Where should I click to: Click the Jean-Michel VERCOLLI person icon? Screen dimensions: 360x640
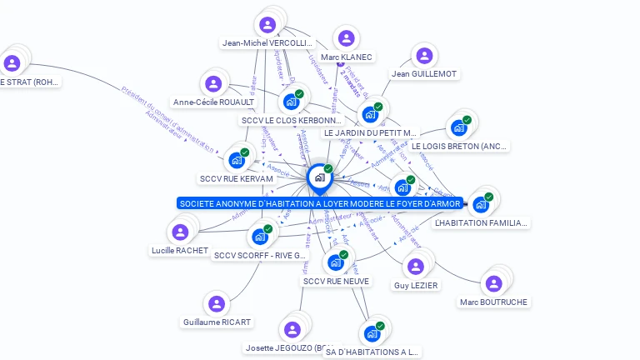click(267, 25)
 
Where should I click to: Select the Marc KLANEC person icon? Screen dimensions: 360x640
click(346, 38)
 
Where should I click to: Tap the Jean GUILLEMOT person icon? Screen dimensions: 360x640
click(424, 56)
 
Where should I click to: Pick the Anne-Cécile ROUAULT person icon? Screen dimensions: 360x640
click(213, 83)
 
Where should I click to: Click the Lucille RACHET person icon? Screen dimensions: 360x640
click(179, 232)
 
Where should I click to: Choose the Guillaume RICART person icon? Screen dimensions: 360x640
click(217, 304)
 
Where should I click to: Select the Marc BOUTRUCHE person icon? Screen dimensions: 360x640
click(493, 284)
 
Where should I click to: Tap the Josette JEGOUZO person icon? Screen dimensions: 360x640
click(292, 329)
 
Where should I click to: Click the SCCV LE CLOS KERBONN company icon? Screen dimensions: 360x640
click(292, 102)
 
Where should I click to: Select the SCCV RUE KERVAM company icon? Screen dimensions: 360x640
click(237, 160)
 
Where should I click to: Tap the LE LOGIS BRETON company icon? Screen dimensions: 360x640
click(459, 127)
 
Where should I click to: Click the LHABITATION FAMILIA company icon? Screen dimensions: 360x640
click(481, 204)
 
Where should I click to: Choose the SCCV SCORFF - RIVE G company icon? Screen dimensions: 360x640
click(260, 237)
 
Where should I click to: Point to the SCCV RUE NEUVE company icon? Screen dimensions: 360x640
click(336, 262)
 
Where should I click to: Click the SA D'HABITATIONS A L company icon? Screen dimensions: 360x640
click(372, 333)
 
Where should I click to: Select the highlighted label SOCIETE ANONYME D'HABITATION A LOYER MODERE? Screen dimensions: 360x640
click(320, 203)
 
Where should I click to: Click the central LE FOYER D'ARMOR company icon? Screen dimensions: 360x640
click(319, 177)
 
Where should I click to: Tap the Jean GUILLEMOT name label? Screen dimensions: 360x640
click(424, 74)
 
